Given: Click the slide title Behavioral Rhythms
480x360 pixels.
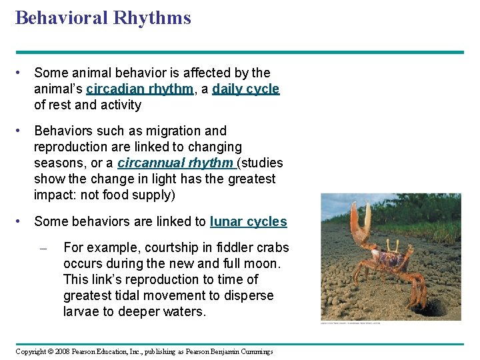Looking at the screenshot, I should pos(103,18).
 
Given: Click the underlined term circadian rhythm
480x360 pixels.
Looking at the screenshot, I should pos(139,89).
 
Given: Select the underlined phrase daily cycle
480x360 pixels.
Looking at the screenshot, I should pos(245,89).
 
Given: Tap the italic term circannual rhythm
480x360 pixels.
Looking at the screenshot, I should pos(175,163).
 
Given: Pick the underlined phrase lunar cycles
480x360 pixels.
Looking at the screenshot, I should pos(248,221).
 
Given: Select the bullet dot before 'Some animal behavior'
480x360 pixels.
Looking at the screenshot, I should pos(21,73).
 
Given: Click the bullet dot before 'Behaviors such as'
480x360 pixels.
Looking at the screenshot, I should pos(21,131).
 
